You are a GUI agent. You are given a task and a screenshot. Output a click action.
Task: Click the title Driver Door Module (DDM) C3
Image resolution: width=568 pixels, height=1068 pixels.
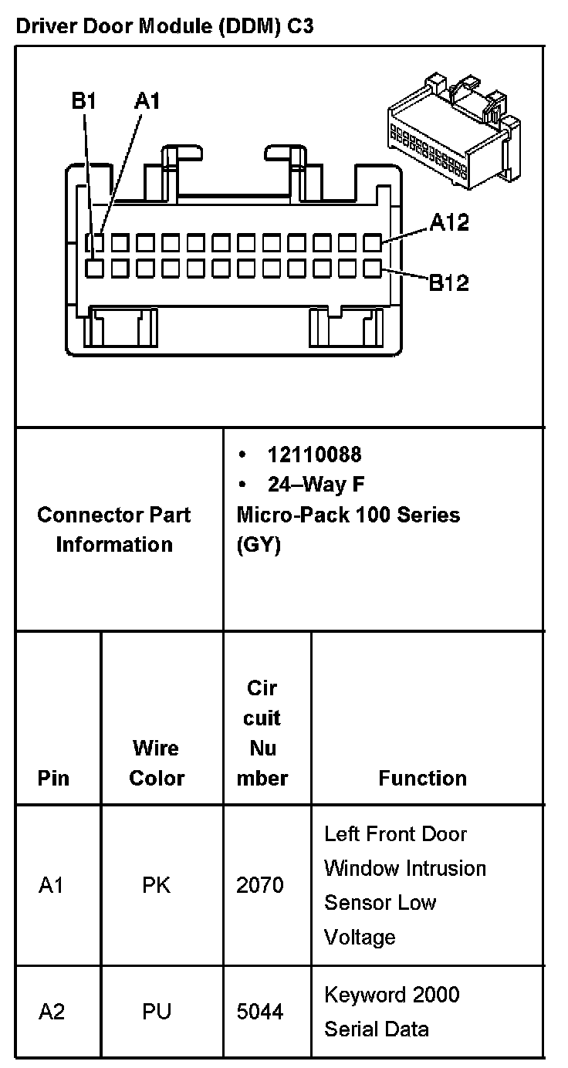coord(164,27)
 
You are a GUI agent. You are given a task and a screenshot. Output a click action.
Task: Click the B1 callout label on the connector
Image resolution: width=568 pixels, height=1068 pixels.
coord(83,101)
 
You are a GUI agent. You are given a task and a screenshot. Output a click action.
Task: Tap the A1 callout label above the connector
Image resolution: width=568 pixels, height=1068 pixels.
coord(147,101)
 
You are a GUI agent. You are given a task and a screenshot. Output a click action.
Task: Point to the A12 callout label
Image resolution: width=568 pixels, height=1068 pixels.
coord(449,223)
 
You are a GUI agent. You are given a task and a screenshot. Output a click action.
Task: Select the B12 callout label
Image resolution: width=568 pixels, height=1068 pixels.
coord(448,282)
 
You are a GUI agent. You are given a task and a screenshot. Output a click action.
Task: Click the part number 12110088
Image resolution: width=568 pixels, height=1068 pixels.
coord(314,454)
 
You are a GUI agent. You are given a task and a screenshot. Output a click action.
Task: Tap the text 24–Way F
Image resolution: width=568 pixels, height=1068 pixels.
coord(316,485)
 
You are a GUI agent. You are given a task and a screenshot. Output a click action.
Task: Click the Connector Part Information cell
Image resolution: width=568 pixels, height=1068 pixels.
coord(114,529)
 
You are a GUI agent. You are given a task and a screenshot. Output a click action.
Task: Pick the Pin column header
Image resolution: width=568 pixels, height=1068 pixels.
coord(53,778)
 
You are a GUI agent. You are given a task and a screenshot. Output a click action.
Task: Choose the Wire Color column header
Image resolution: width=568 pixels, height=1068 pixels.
coord(157,762)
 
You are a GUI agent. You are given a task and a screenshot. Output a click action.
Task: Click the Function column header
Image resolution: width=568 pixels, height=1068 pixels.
coord(422,778)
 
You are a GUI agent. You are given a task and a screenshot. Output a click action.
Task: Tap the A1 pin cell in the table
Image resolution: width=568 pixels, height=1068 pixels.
coord(51,885)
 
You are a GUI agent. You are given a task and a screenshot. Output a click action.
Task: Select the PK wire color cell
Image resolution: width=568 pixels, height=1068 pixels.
coord(156,885)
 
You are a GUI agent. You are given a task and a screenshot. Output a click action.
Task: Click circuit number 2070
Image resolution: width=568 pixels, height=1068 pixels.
coord(260,885)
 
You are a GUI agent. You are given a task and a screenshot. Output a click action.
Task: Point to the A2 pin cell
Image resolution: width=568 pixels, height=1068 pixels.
coord(52,1011)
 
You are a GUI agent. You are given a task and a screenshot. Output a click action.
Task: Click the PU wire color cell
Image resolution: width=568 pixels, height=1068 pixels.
coord(156,1011)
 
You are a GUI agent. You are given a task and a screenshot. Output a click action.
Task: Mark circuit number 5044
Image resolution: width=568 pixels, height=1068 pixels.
coord(260,1011)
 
